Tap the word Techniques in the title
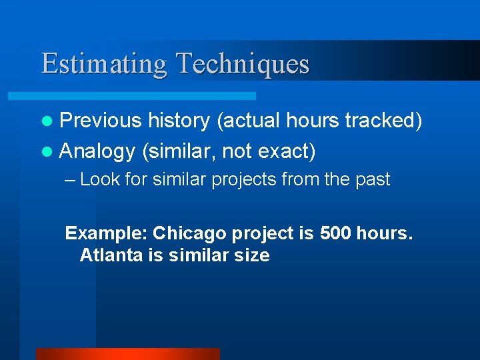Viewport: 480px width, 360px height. click(243, 64)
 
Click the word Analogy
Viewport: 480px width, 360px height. click(97, 151)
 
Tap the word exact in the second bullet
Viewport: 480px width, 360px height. click(285, 151)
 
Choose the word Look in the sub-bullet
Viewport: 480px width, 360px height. click(98, 179)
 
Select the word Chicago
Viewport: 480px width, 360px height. click(190, 233)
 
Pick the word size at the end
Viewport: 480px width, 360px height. click(252, 255)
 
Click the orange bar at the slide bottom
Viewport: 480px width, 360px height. click(127, 354)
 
